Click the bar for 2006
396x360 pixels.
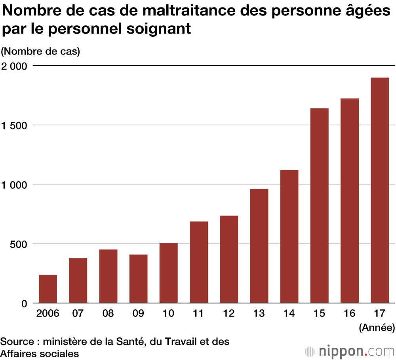[48, 289]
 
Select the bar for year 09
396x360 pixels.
[138, 279]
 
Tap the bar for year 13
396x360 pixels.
[259, 246]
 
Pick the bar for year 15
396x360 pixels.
[320, 205]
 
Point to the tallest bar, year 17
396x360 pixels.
[380, 190]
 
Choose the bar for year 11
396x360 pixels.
[199, 262]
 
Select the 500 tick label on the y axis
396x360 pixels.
[19, 244]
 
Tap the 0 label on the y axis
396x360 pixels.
[24, 303]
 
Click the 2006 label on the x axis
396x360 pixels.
[48, 314]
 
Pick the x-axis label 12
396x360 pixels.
[228, 314]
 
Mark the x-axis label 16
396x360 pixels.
[349, 314]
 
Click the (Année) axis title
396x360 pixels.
[377, 327]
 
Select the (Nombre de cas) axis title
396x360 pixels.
[40, 51]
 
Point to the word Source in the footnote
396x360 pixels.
[15, 341]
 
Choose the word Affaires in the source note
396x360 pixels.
[17, 353]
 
